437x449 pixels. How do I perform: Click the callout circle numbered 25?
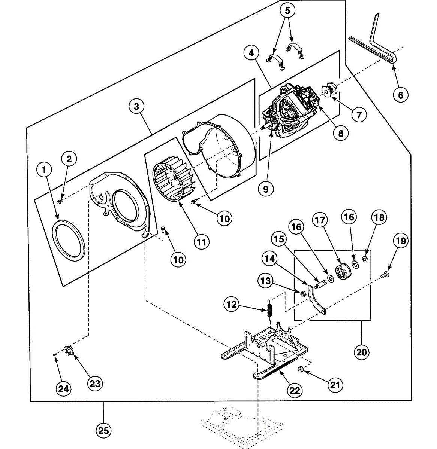pyautogui.click(x=103, y=430)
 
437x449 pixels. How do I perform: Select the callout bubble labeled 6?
pyautogui.click(x=401, y=95)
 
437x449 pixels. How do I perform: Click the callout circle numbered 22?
pyautogui.click(x=295, y=390)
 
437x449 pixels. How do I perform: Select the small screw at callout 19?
pyautogui.click(x=384, y=275)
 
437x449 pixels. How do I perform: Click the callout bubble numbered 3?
pyautogui.click(x=136, y=106)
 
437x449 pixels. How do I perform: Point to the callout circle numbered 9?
pyautogui.click(x=266, y=189)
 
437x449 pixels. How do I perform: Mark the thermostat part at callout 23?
pyautogui.click(x=69, y=351)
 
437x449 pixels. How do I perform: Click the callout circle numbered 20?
pyautogui.click(x=362, y=352)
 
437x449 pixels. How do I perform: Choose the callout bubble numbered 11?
pyautogui.click(x=202, y=242)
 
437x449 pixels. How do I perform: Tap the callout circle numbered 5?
pyautogui.click(x=287, y=10)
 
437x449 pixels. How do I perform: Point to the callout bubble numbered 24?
pyautogui.click(x=64, y=389)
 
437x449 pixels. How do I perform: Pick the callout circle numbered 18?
pyautogui.click(x=379, y=217)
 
